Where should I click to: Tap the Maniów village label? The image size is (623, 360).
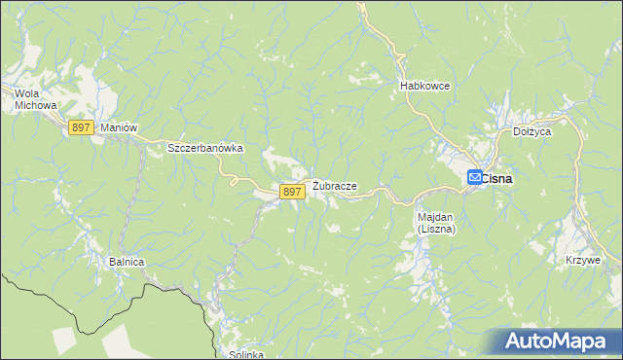click(116, 128)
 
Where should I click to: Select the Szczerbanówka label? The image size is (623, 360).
click(204, 148)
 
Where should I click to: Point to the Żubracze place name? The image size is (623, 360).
click(335, 186)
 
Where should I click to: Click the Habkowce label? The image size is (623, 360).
click(424, 86)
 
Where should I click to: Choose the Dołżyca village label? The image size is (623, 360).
click(532, 129)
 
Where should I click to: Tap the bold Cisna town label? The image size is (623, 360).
click(497, 179)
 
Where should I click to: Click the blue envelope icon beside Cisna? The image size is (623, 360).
click(474, 177)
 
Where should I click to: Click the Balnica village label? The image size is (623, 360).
click(127, 262)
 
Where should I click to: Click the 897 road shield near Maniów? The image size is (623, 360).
click(82, 128)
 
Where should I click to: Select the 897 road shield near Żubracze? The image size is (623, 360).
click(292, 193)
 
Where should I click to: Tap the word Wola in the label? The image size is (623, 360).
click(25, 93)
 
